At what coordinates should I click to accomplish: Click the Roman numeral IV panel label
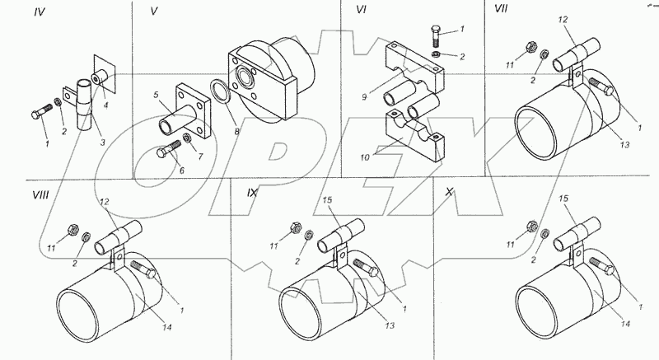point(40,12)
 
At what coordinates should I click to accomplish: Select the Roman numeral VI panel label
point(361,10)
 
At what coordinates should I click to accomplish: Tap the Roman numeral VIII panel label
point(40,195)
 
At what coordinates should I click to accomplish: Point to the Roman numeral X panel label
point(449,192)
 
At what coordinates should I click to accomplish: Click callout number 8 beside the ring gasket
point(237,132)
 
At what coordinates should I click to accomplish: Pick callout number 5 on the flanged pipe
point(156,95)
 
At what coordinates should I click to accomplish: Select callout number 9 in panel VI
point(364,97)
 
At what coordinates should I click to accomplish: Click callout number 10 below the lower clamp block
point(364,157)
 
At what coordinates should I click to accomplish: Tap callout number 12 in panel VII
point(563,20)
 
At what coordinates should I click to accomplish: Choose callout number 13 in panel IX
point(390,325)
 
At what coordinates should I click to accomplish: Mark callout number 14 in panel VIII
point(167,328)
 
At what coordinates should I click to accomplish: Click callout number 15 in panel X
point(563,199)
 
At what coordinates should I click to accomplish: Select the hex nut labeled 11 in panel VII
point(530,47)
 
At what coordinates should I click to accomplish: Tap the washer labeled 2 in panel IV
point(57,102)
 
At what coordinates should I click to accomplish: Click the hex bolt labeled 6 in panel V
point(168,149)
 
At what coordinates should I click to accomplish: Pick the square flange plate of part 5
point(193,111)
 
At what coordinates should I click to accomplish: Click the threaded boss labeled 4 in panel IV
point(100,77)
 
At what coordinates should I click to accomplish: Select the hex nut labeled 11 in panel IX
point(294,227)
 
